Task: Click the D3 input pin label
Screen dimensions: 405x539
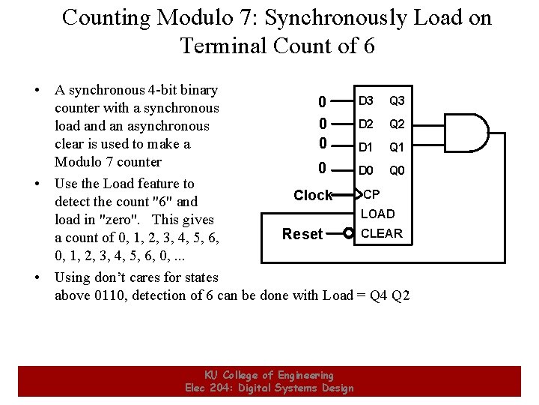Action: (x=366, y=101)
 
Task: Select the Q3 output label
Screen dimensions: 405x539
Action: (x=397, y=101)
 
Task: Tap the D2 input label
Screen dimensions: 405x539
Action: (x=366, y=124)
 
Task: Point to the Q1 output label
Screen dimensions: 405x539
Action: (x=397, y=148)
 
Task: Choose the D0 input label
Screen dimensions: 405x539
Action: (x=366, y=171)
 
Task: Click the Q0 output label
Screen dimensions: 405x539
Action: (x=397, y=171)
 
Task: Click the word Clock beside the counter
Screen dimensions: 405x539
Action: (x=313, y=196)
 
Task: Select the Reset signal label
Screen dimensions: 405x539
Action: (x=302, y=234)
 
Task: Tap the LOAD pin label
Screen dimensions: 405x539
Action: (x=378, y=214)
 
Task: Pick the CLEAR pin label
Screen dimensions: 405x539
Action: (x=382, y=233)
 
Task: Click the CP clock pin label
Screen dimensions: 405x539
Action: (x=372, y=195)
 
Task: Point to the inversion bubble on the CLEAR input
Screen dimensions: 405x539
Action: (x=349, y=234)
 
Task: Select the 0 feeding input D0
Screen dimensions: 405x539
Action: (x=322, y=169)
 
